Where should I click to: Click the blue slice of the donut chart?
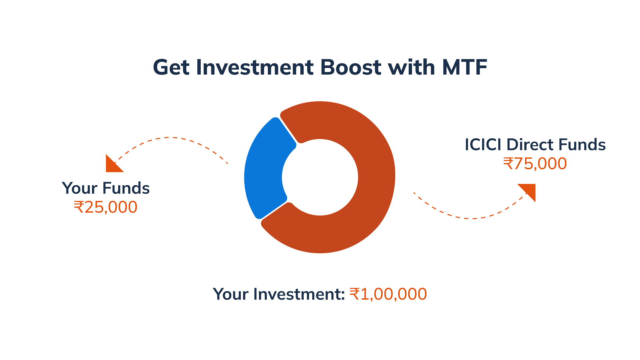(263, 170)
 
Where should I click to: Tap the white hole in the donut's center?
(320, 177)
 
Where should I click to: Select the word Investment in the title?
(255, 67)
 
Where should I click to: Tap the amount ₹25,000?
(105, 207)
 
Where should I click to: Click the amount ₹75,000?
(535, 164)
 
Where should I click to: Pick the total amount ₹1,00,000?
(388, 294)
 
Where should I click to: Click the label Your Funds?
(106, 188)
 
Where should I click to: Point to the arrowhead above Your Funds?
(112, 165)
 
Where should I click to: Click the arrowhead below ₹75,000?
(529, 190)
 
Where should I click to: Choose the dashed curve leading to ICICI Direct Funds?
(472, 218)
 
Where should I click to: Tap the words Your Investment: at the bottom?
(279, 294)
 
